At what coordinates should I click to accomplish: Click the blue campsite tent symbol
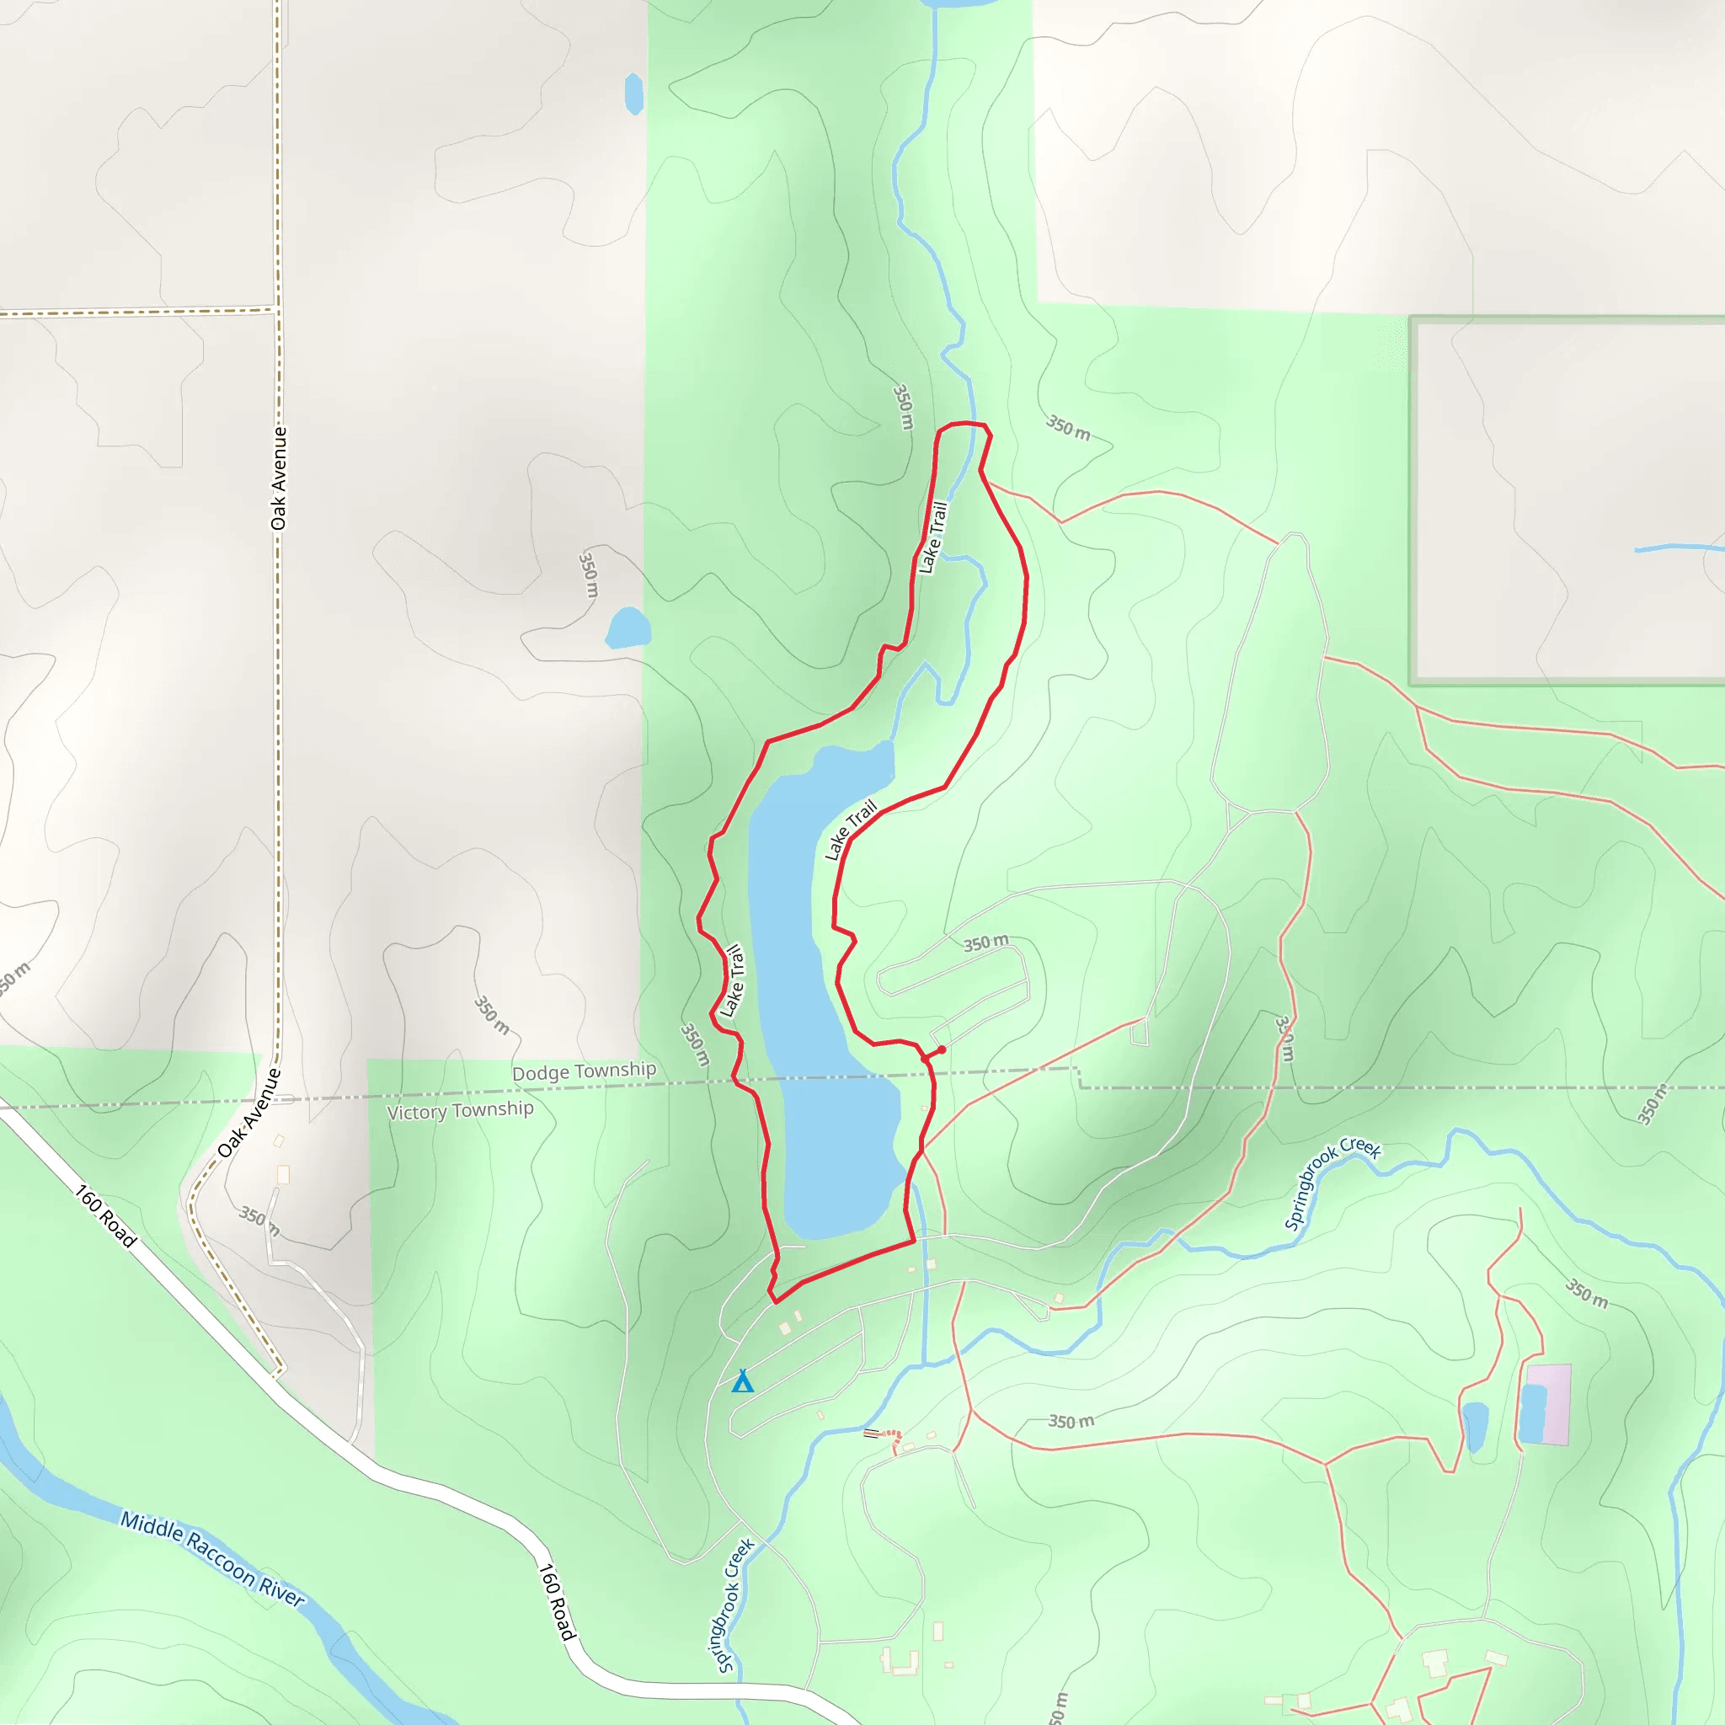click(x=742, y=1381)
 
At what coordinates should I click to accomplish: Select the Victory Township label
click(x=460, y=1110)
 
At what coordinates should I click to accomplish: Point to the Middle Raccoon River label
click(x=212, y=1559)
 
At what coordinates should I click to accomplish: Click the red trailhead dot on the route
click(x=941, y=1050)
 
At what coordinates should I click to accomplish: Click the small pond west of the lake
click(x=628, y=628)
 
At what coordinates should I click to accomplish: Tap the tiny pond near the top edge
click(x=634, y=93)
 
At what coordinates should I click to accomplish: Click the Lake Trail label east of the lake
click(x=850, y=830)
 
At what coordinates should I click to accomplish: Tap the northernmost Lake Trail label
click(x=933, y=537)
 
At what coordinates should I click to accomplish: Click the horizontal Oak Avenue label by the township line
click(x=250, y=1114)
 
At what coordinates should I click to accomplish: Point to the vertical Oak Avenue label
click(x=280, y=478)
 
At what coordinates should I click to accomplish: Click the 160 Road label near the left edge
click(x=105, y=1216)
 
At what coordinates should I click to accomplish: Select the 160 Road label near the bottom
click(x=555, y=1602)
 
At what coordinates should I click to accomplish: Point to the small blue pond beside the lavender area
click(x=1475, y=1425)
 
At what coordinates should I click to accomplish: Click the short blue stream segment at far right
click(x=1679, y=547)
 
